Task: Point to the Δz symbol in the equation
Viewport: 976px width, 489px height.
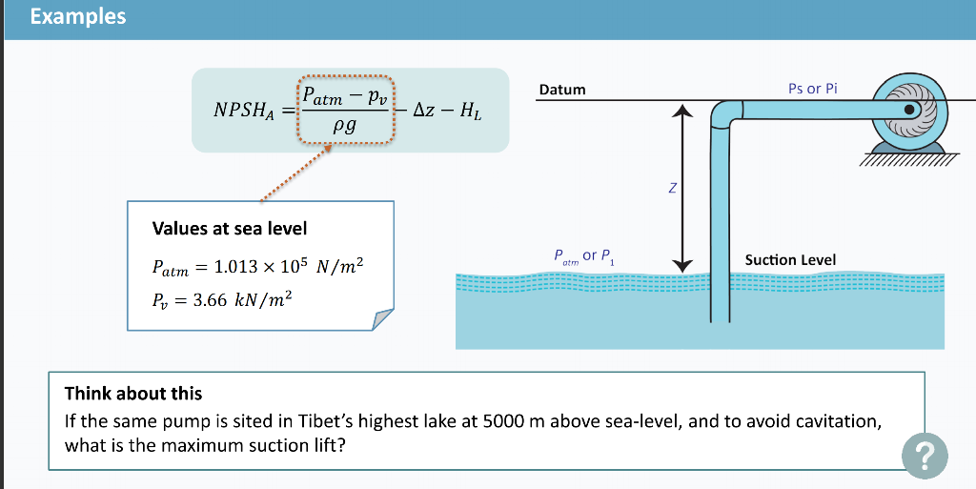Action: click(x=424, y=112)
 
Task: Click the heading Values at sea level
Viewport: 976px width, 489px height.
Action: click(x=229, y=229)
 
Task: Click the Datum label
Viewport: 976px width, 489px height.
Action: click(x=562, y=90)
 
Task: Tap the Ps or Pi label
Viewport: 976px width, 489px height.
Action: click(x=813, y=89)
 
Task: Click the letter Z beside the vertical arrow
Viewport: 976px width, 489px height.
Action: click(x=672, y=189)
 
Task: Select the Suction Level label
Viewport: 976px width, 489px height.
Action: click(x=790, y=259)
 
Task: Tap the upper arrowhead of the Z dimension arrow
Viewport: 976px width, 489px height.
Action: click(x=681, y=112)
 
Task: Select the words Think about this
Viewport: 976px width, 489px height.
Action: click(x=133, y=393)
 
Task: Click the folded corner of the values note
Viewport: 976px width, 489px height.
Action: click(x=381, y=318)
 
